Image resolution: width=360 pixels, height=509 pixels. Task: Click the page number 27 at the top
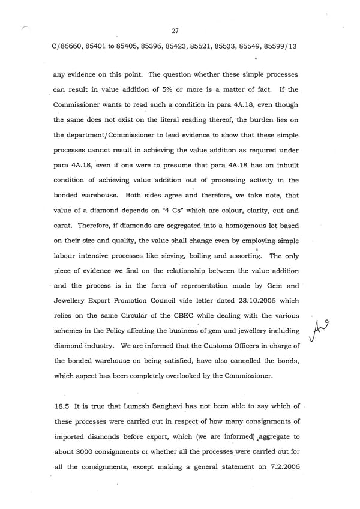coord(175,31)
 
